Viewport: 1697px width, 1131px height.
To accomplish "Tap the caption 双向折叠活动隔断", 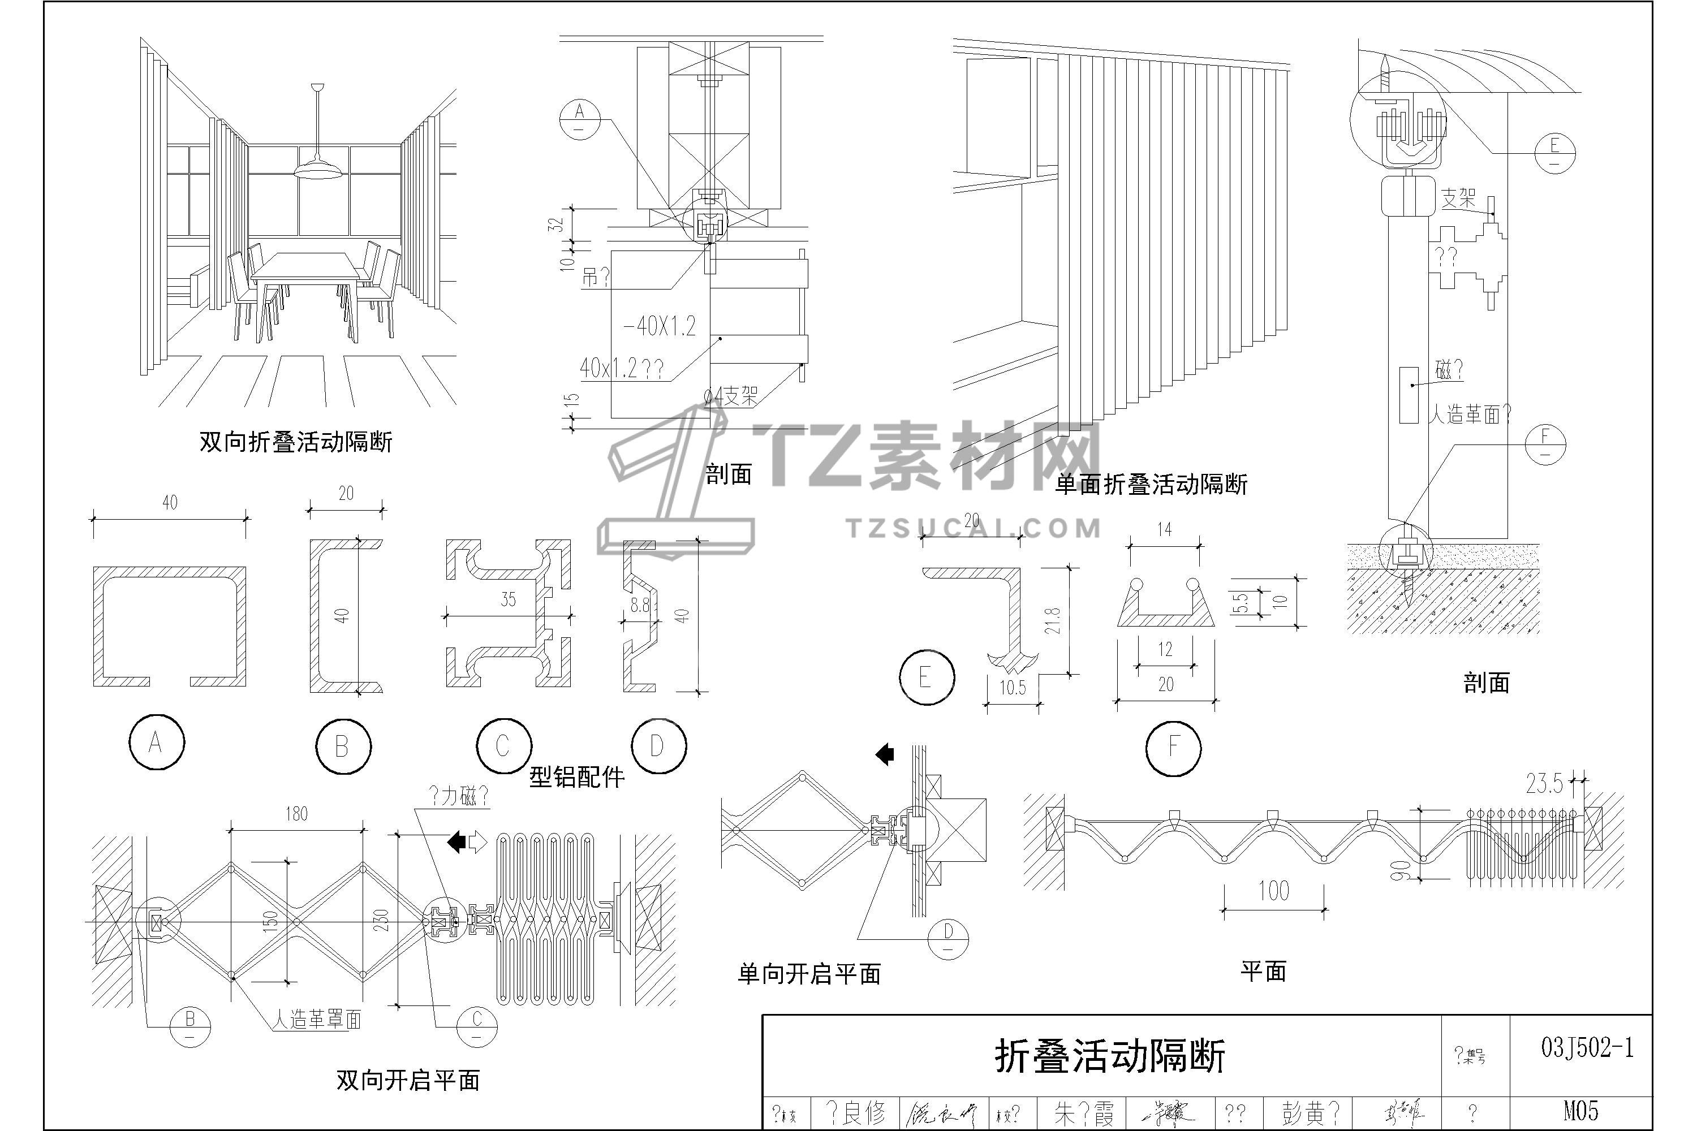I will [296, 442].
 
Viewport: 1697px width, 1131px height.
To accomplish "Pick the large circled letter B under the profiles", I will [343, 746].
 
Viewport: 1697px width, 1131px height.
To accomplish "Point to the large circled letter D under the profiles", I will [657, 746].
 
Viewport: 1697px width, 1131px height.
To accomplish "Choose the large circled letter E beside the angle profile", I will [927, 677].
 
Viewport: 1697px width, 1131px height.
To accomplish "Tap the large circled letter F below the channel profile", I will [1173, 748].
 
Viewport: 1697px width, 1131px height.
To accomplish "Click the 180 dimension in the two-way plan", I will [296, 814].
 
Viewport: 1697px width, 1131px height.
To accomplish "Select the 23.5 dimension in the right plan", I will [1544, 783].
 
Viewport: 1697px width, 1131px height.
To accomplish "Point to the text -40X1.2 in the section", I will [660, 326].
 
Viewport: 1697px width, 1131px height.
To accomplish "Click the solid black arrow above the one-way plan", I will [885, 755].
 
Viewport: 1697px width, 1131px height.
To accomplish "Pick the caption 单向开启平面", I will [809, 974].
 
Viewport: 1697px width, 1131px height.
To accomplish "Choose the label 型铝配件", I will [576, 777].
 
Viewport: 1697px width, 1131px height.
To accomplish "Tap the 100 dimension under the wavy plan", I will [1273, 891].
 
